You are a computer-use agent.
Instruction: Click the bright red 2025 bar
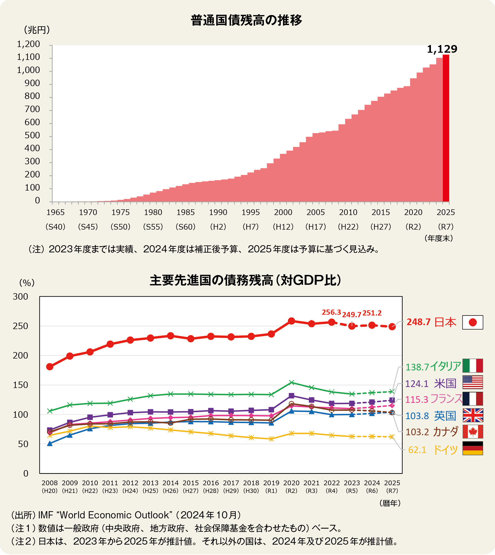pyautogui.click(x=446, y=128)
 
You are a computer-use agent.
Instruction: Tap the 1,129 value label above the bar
pyautogui.click(x=442, y=49)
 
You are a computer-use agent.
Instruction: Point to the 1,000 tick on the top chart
pyautogui.click(x=28, y=70)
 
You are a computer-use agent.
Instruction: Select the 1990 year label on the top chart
pyautogui.click(x=218, y=212)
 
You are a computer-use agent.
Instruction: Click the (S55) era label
pyautogui.click(x=153, y=227)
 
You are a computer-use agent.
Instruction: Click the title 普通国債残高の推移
pyautogui.click(x=246, y=20)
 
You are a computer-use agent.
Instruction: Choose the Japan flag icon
pyautogui.click(x=473, y=322)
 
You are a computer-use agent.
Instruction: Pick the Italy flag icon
pyautogui.click(x=473, y=366)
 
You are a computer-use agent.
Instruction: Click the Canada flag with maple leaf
pyautogui.click(x=473, y=432)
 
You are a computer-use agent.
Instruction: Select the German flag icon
pyautogui.click(x=473, y=448)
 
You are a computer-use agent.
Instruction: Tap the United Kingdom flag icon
pyautogui.click(x=473, y=415)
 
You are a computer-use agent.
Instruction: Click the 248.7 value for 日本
pyautogui.click(x=419, y=322)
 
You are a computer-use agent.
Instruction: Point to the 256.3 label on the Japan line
pyautogui.click(x=331, y=312)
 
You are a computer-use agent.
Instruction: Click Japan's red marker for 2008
pyautogui.click(x=50, y=367)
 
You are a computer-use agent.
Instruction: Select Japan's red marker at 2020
pyautogui.click(x=291, y=321)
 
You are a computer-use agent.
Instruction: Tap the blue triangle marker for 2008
pyautogui.click(x=50, y=443)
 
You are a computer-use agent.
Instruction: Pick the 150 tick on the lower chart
pyautogui.click(x=20, y=385)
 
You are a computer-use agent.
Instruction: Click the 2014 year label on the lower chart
pyautogui.click(x=170, y=483)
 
